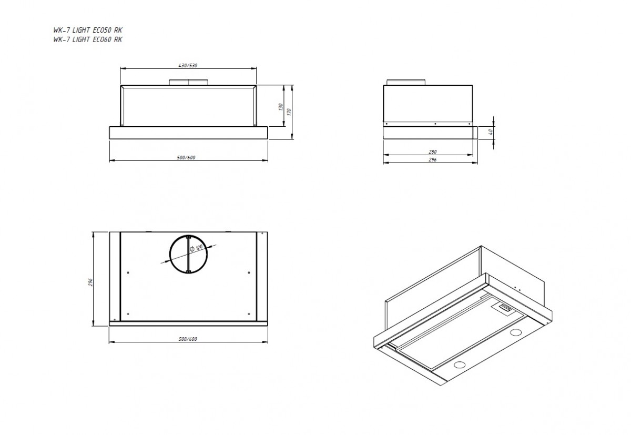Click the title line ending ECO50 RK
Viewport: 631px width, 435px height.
(88, 30)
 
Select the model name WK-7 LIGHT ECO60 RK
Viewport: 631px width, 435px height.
(88, 39)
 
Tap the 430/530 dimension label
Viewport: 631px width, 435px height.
(188, 65)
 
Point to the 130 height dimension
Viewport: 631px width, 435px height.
(281, 107)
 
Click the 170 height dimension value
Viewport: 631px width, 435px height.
(289, 112)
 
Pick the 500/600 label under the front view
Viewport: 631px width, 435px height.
(186, 157)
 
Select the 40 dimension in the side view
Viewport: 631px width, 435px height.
(491, 131)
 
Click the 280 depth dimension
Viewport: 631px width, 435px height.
(432, 152)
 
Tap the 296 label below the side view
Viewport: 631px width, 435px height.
(432, 160)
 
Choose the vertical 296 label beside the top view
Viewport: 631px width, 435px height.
(90, 282)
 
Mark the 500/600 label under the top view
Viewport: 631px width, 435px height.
(188, 339)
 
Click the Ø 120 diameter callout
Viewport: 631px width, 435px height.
(196, 248)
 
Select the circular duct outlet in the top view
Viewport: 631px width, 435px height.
(188, 235)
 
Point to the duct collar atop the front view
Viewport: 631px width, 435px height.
(188, 82)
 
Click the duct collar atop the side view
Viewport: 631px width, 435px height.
(406, 82)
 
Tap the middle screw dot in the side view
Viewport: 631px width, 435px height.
(435, 124)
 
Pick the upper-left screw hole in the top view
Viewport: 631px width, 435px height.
(128, 272)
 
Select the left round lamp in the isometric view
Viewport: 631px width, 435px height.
(460, 365)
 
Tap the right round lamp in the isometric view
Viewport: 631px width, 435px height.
(516, 332)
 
